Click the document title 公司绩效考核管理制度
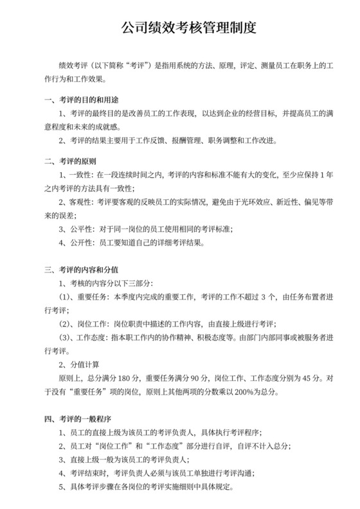pos(180,28)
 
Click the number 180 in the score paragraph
pos(125,378)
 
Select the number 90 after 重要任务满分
pos(197,378)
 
